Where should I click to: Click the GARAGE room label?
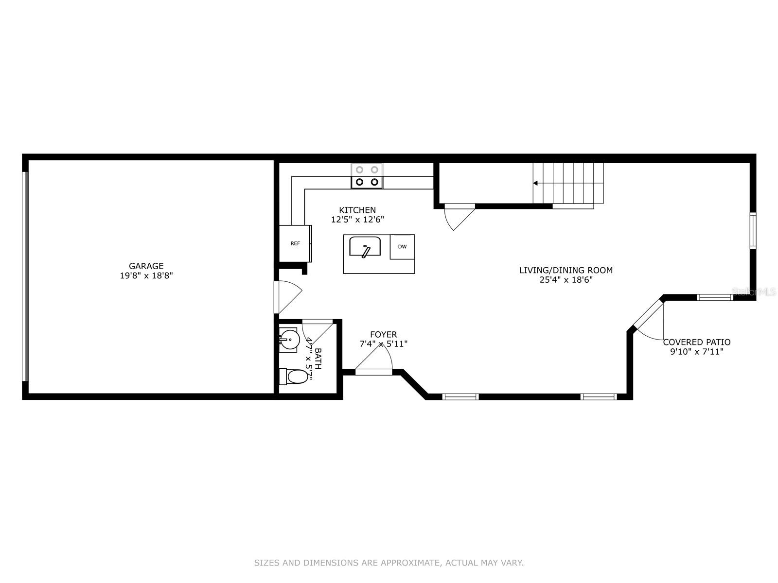[146, 266]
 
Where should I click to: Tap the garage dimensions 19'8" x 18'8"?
[146, 275]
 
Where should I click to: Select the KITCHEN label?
[357, 210]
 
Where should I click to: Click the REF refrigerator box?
[295, 243]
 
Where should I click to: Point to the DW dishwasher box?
[402, 247]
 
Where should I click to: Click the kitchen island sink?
[365, 246]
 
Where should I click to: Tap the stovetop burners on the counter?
[367, 176]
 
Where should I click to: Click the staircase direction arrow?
[535, 183]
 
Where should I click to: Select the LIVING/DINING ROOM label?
[566, 270]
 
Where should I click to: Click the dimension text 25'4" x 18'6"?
[566, 280]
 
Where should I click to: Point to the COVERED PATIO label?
[696, 342]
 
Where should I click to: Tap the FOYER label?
[383, 334]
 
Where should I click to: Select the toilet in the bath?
[296, 376]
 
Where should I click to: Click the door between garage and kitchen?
[287, 296]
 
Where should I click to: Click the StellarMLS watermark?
[753, 292]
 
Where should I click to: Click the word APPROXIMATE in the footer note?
[408, 563]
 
